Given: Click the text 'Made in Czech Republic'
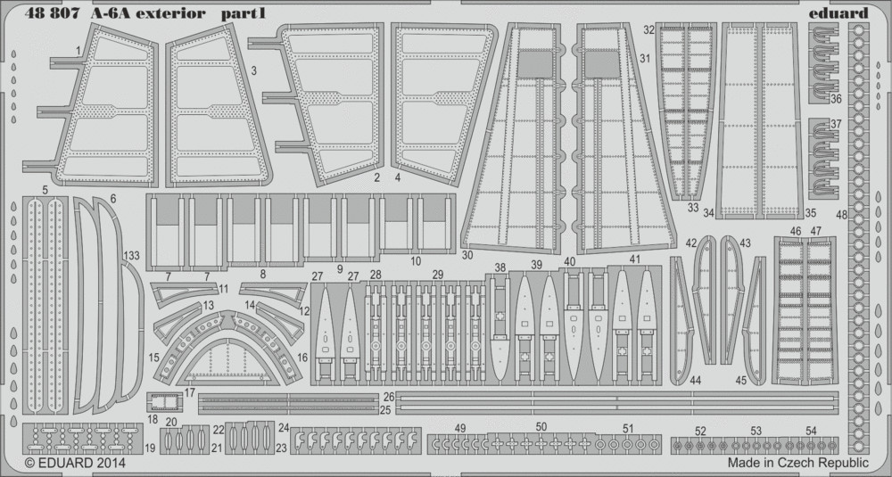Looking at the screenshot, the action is click(x=797, y=462).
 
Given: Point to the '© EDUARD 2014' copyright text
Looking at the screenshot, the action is click(x=75, y=463).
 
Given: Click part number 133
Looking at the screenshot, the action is click(x=131, y=256).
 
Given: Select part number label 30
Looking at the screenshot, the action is click(x=467, y=255).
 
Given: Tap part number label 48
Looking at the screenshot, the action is click(x=841, y=215).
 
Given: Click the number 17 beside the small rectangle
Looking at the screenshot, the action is click(x=189, y=392).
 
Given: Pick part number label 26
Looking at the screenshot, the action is click(x=389, y=396).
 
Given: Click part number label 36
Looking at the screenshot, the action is click(x=836, y=98).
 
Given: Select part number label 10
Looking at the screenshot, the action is click(x=416, y=261).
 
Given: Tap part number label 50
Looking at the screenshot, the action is click(x=541, y=426).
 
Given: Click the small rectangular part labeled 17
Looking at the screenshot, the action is click(x=164, y=402).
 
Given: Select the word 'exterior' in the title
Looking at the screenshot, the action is click(x=176, y=13).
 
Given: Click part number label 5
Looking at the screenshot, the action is click(x=45, y=188).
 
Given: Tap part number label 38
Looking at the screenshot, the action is click(x=500, y=267).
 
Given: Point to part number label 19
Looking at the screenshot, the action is click(x=150, y=448).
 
